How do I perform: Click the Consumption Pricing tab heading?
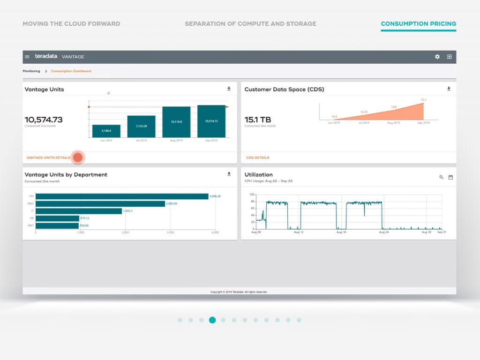point(418,24)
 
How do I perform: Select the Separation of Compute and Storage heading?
point(250,24)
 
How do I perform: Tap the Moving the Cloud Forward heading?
point(71,24)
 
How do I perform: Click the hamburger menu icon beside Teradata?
point(27,57)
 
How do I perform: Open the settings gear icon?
point(437,57)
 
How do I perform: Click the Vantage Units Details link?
point(48,157)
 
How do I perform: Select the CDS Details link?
point(257,157)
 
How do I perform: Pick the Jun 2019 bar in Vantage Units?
point(106,131)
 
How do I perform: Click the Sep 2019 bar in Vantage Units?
point(211,121)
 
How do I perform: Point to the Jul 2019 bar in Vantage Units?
point(141,127)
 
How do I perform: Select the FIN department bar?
point(122,196)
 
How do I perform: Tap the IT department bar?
point(79,211)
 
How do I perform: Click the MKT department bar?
point(57,225)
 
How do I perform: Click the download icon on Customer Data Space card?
point(449,89)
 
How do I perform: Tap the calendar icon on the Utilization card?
point(450,177)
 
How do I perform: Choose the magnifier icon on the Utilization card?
point(441,177)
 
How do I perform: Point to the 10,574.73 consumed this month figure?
point(44,120)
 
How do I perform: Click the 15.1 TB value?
point(258,120)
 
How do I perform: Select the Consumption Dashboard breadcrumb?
point(71,71)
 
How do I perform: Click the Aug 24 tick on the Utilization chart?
point(384,232)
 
